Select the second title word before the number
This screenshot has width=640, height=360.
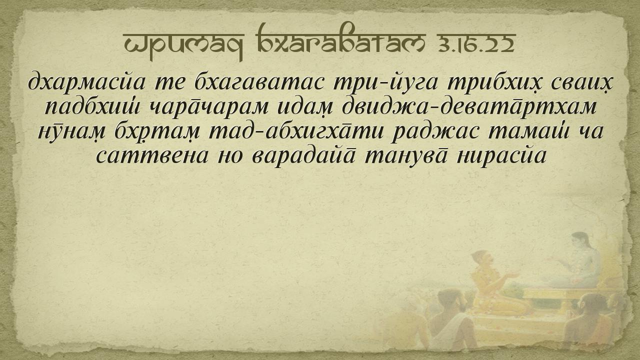(339, 38)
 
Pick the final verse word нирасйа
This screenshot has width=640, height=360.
(501, 155)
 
